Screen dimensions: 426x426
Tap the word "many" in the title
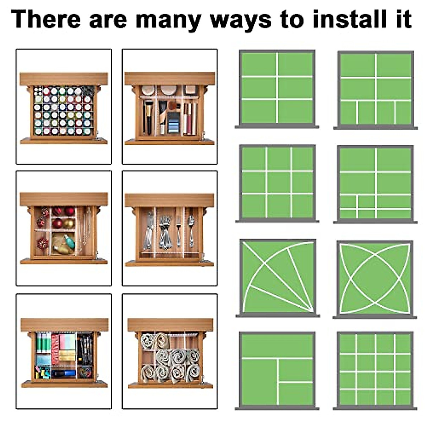pos(168,20)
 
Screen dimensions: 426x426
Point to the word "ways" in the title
pos(241,20)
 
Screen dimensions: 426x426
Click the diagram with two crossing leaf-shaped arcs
pos(375,278)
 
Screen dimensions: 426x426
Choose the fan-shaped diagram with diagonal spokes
pos(277,277)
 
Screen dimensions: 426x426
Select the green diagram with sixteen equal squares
pos(375,370)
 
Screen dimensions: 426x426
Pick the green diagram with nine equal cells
pos(277,182)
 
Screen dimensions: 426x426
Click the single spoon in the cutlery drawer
pos(191,231)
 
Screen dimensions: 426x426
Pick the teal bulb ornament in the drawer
pos(70,241)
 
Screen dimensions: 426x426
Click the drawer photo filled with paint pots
pos(64,106)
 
